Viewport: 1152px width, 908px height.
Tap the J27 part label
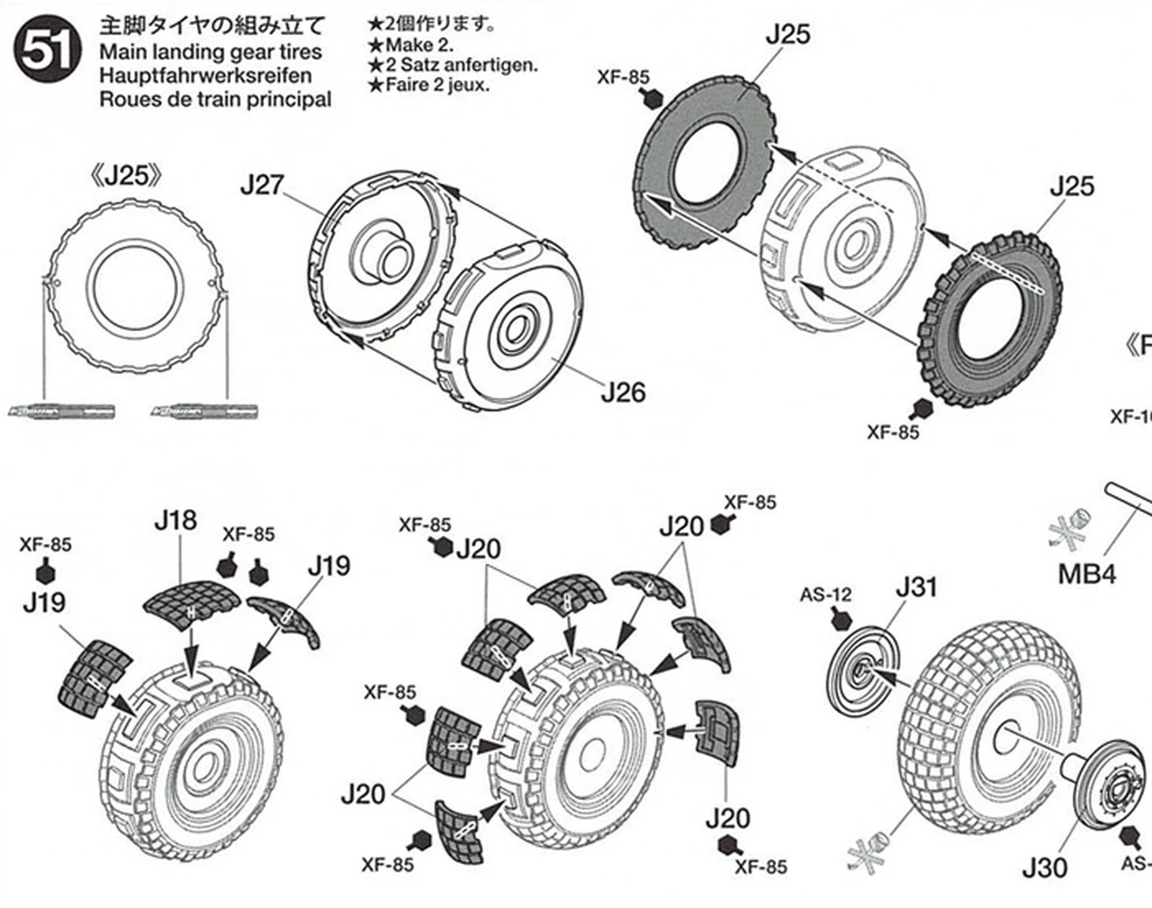[261, 186]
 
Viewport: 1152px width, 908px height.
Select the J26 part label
[623, 392]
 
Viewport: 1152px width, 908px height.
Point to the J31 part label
[915, 588]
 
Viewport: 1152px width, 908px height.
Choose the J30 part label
[1044, 868]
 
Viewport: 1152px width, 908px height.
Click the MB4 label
[1086, 573]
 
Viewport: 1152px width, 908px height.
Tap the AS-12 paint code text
[825, 595]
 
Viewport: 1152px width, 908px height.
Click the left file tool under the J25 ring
[64, 412]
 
